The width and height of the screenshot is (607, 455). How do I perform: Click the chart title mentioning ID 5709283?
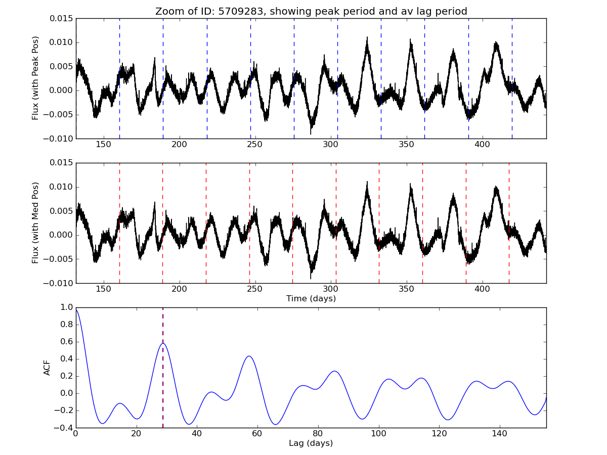point(311,11)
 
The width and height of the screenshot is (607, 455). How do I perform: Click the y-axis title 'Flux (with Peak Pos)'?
point(35,78)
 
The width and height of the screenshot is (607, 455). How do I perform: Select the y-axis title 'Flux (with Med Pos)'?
point(35,222)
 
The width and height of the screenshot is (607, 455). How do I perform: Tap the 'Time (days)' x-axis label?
point(311,299)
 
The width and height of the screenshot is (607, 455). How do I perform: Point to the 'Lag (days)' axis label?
point(311,443)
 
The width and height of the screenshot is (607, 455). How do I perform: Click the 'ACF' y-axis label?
point(47,368)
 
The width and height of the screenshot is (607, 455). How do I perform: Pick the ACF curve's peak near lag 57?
point(249,356)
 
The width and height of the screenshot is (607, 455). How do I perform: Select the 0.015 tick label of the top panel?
point(60,19)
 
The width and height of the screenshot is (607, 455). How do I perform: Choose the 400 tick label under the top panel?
point(483,145)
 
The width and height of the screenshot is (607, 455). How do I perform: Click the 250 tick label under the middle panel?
point(255,290)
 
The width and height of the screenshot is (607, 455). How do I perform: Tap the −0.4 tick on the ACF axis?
point(64,428)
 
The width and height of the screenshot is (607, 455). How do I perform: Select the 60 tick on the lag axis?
point(257,434)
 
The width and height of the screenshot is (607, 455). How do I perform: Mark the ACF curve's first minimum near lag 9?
point(103,423)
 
